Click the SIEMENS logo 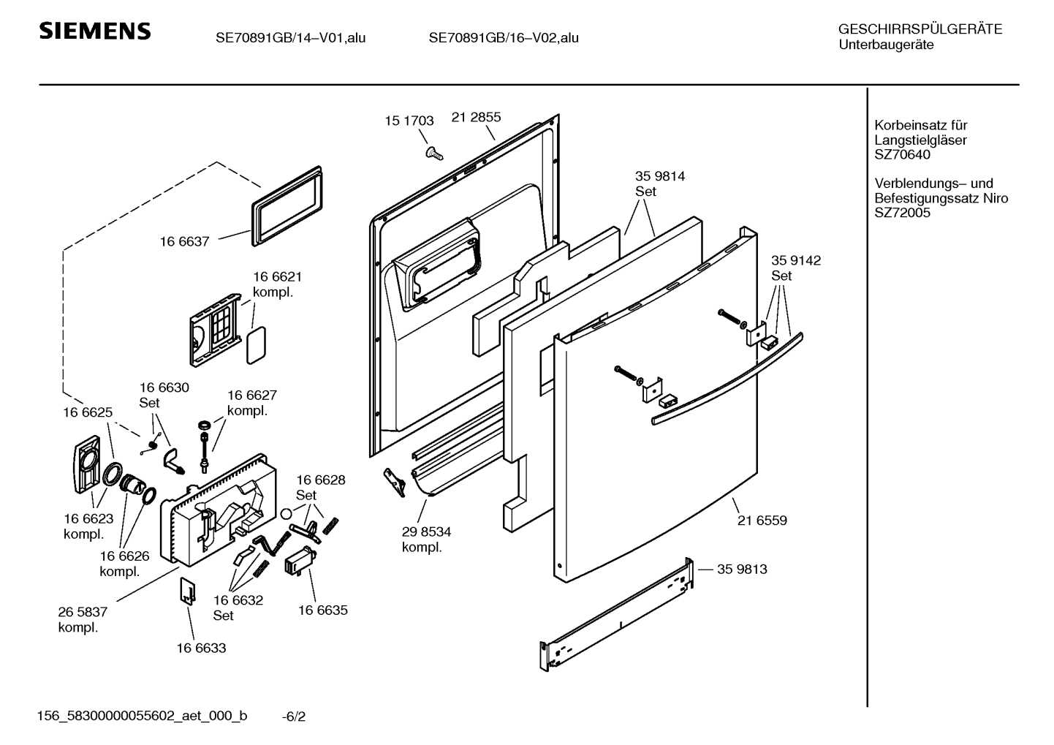94,31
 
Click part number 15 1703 409,121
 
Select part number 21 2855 476,117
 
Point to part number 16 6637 184,241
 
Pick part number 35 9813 742,569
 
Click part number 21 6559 762,521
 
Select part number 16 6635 322,610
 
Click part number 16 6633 201,648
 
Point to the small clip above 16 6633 188,591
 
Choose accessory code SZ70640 902,154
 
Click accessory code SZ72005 902,213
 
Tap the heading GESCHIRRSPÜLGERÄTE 920,29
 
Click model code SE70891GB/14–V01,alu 290,37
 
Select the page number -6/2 294,716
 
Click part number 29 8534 426,532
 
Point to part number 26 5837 83,612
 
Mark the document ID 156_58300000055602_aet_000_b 142,716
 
